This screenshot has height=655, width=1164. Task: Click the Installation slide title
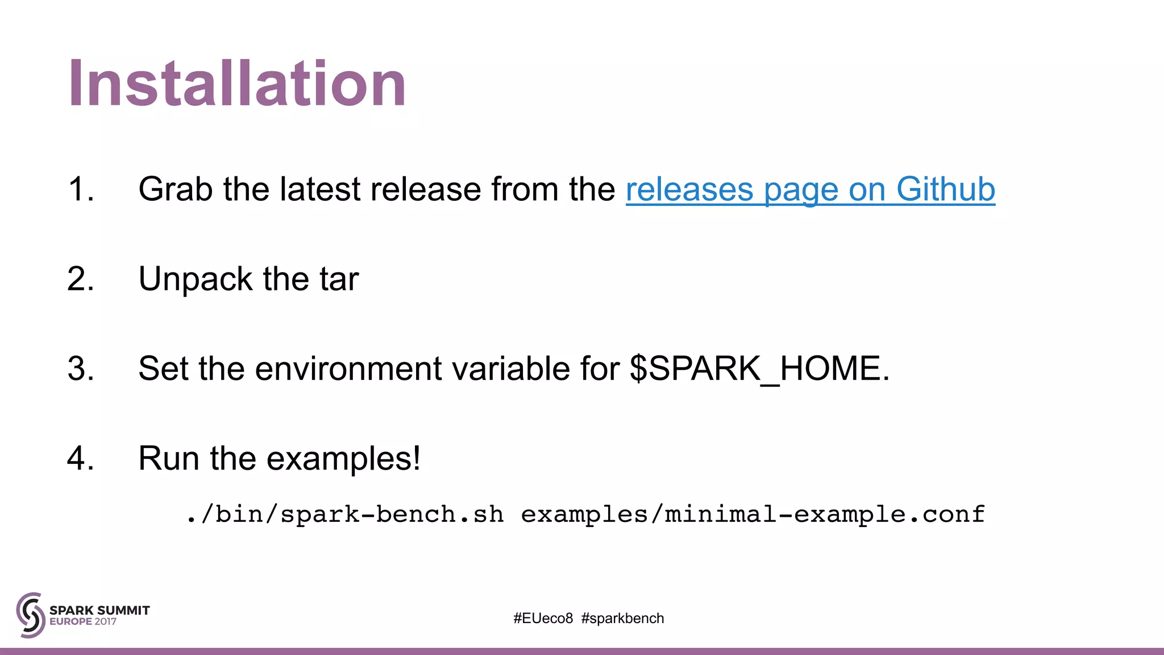(x=237, y=84)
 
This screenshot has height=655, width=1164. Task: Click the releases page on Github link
(x=810, y=189)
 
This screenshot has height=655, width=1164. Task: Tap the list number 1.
(x=80, y=189)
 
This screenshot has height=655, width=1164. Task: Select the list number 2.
(x=80, y=279)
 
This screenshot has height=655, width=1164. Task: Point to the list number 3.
(x=80, y=368)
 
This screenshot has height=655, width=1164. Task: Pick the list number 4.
(x=80, y=458)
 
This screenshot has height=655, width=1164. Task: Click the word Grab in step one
(x=175, y=189)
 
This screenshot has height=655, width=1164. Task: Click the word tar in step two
(x=339, y=279)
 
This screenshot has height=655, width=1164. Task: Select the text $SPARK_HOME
(x=759, y=368)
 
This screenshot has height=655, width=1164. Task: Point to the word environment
(x=348, y=368)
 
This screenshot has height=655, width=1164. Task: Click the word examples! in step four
(x=343, y=458)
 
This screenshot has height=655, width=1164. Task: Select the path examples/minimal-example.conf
(x=753, y=515)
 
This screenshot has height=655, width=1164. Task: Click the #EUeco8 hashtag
(x=543, y=619)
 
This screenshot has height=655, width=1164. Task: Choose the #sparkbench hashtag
(x=622, y=619)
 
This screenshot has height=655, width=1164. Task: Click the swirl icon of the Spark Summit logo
(x=31, y=615)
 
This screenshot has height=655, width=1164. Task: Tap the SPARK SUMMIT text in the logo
(x=99, y=610)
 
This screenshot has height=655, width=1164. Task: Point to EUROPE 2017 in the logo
(x=83, y=622)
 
